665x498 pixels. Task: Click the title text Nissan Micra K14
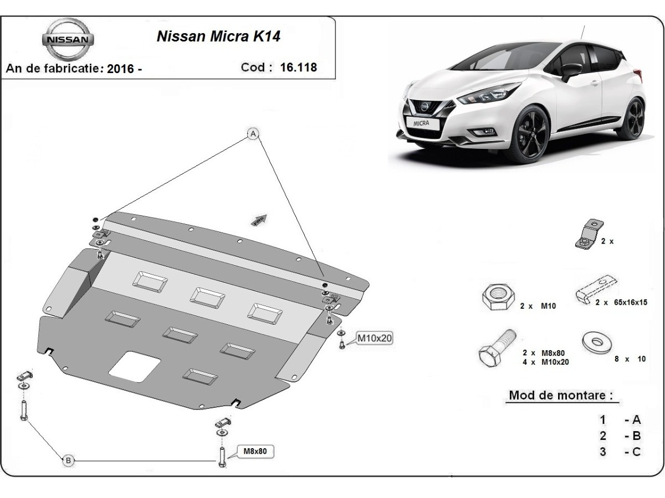point(218,37)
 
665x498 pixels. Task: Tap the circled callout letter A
point(253,134)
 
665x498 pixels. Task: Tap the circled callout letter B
point(68,460)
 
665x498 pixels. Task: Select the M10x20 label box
point(374,338)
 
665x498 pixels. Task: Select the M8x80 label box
point(255,452)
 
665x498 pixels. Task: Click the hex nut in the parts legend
point(495,298)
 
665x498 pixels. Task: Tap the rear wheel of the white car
point(631,118)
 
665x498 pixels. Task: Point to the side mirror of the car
point(570,70)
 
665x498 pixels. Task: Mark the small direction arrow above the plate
point(259,220)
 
